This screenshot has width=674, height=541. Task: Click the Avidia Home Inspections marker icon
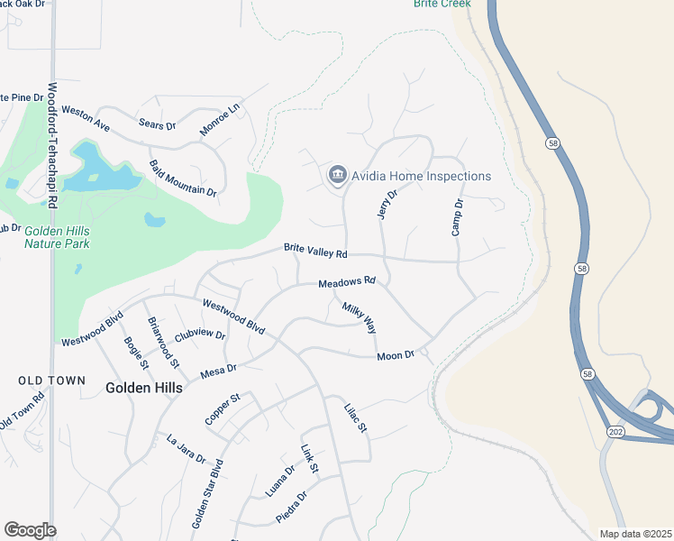338,175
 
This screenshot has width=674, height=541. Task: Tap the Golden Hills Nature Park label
57,237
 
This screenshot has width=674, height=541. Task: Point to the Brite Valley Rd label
315,250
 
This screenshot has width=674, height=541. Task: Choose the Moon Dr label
395,355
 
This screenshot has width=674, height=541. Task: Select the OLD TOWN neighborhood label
52,381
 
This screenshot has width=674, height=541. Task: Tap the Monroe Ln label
220,119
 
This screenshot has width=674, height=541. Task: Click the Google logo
30,530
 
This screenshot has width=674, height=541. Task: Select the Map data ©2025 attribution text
634,534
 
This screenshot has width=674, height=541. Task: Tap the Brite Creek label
442,4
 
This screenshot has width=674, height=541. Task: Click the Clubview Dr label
199,334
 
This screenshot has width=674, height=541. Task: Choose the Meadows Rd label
346,283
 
